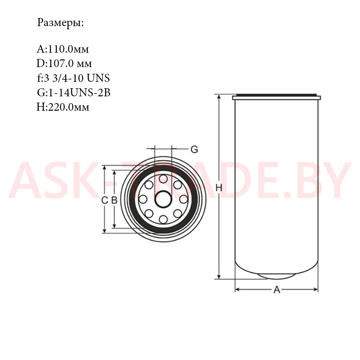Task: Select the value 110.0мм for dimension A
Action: click(x=68, y=49)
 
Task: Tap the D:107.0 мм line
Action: click(x=64, y=63)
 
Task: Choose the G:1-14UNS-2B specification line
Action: click(x=74, y=93)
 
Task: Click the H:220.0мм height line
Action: click(x=63, y=107)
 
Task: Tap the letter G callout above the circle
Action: click(x=194, y=149)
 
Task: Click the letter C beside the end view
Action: click(x=104, y=200)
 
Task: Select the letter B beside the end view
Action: click(x=114, y=200)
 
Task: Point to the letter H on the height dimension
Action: click(x=219, y=188)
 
